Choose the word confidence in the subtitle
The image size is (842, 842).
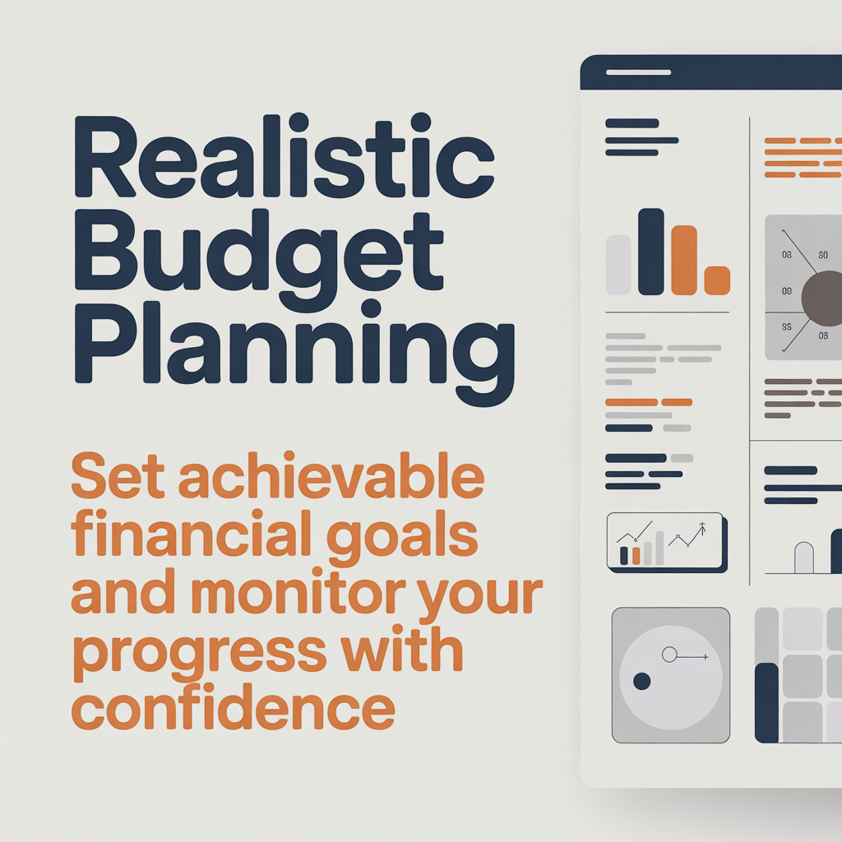[233, 709]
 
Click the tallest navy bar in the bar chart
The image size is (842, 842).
[650, 252]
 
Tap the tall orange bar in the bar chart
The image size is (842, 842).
[684, 259]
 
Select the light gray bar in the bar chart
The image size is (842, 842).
[618, 265]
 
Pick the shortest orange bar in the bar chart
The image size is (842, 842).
[717, 280]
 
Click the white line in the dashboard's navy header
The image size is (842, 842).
[639, 72]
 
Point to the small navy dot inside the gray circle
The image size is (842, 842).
[642, 681]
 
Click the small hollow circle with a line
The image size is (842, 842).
[669, 655]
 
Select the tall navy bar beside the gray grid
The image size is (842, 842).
[766, 702]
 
